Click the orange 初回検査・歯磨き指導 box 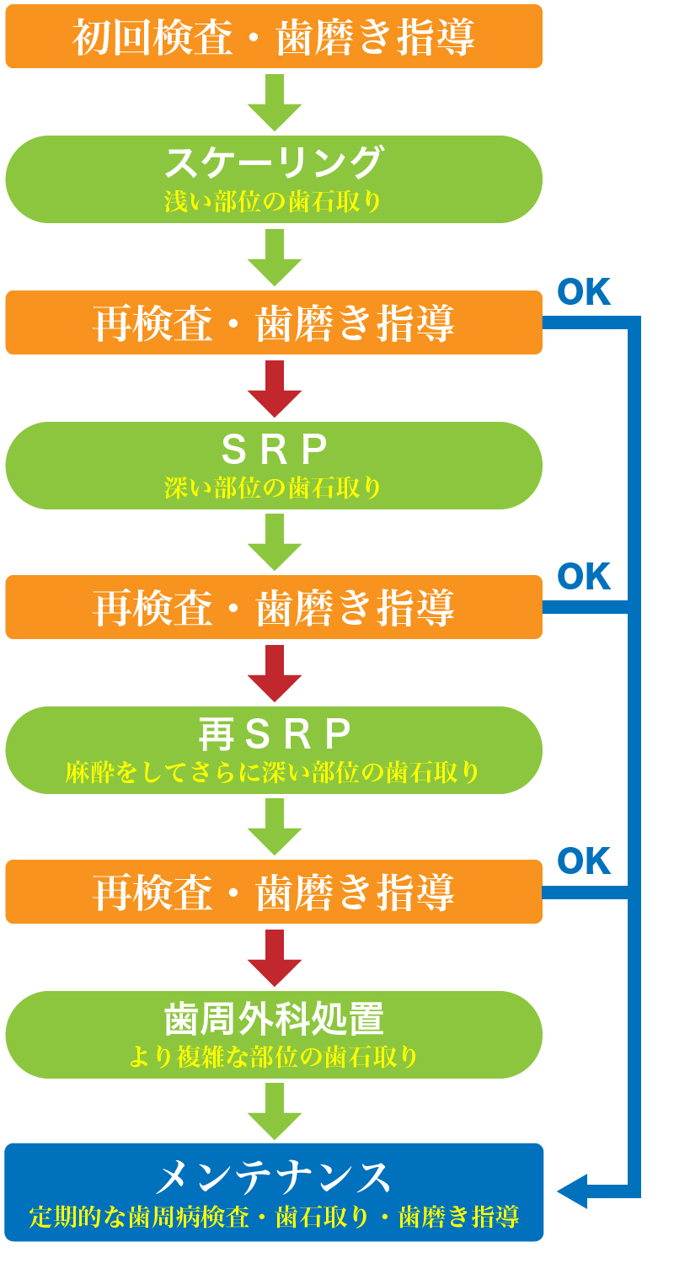point(274,36)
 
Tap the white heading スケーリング point(274,162)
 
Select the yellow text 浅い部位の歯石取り point(274,202)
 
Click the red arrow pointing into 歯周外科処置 point(275,958)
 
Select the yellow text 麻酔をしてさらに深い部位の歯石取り point(274,772)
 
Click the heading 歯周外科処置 point(274,1019)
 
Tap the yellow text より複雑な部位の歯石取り point(274,1057)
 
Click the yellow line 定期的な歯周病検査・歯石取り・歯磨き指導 point(274,1217)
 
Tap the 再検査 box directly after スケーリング point(274,322)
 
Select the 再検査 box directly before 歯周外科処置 point(274,892)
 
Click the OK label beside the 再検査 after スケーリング point(584,293)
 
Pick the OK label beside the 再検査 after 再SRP point(584,862)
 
